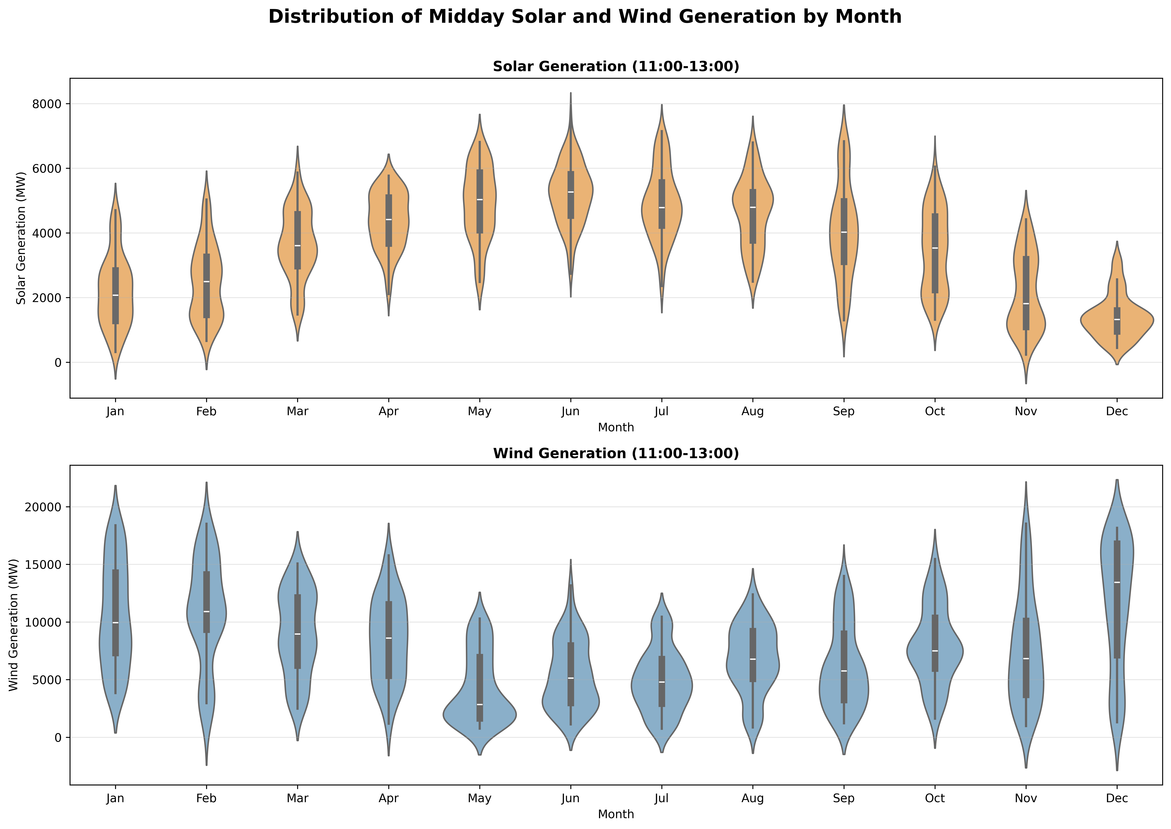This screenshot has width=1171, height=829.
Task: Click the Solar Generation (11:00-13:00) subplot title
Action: click(x=616, y=67)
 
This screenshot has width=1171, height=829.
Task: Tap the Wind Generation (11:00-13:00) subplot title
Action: click(x=616, y=454)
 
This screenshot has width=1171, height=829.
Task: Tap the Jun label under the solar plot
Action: click(x=570, y=411)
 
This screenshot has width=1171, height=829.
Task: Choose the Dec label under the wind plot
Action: click(x=1117, y=798)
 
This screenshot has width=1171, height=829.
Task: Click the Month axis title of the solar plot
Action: click(x=616, y=428)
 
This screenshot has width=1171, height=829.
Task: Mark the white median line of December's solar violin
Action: click(x=1117, y=320)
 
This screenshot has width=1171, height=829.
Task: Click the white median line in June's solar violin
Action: click(x=570, y=192)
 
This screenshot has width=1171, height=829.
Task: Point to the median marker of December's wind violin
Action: click(x=1117, y=582)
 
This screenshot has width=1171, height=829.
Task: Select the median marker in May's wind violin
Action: click(x=480, y=704)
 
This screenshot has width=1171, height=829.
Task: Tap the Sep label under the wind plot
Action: click(x=844, y=798)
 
